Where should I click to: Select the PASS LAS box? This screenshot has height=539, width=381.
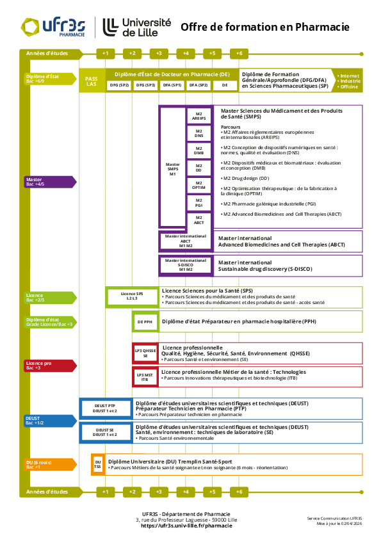(x=92, y=80)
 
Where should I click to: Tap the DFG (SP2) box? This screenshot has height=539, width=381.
(x=118, y=84)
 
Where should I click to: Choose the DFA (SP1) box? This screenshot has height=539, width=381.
(x=172, y=84)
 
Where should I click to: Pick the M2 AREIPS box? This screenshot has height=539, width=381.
(x=199, y=116)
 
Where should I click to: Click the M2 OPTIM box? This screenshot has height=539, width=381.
(x=199, y=186)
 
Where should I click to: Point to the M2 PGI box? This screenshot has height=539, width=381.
(x=199, y=203)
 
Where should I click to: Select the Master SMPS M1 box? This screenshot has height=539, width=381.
(x=172, y=169)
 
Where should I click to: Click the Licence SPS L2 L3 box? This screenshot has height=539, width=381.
(x=132, y=296)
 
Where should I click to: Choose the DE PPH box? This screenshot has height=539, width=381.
(x=145, y=322)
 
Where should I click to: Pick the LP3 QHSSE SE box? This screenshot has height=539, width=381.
(x=145, y=353)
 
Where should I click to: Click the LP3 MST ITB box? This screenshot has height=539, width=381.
(x=145, y=377)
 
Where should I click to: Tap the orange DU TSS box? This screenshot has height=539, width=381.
(x=97, y=464)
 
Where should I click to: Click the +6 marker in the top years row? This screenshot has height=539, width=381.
(x=239, y=52)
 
